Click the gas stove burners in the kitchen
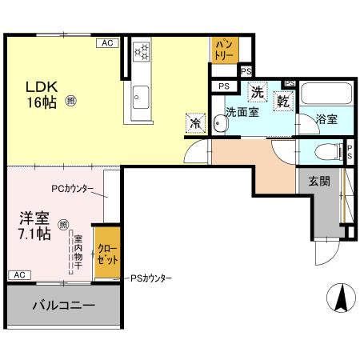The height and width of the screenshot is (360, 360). coord(142,50)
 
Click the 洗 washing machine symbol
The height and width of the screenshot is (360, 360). coord(257,92)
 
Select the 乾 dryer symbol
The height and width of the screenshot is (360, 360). coord(283,100)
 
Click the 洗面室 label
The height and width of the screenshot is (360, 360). coord(241,113)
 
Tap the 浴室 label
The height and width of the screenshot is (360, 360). coord(326,119)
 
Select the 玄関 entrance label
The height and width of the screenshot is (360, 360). coord(319,181)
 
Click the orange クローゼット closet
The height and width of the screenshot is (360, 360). coord(108,254)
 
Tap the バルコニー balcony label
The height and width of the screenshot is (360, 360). coord(64,306)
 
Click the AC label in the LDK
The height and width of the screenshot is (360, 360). coord(106,43)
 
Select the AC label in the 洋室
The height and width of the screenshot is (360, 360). coord(17,274)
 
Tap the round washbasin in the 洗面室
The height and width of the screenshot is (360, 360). coord(218,124)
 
